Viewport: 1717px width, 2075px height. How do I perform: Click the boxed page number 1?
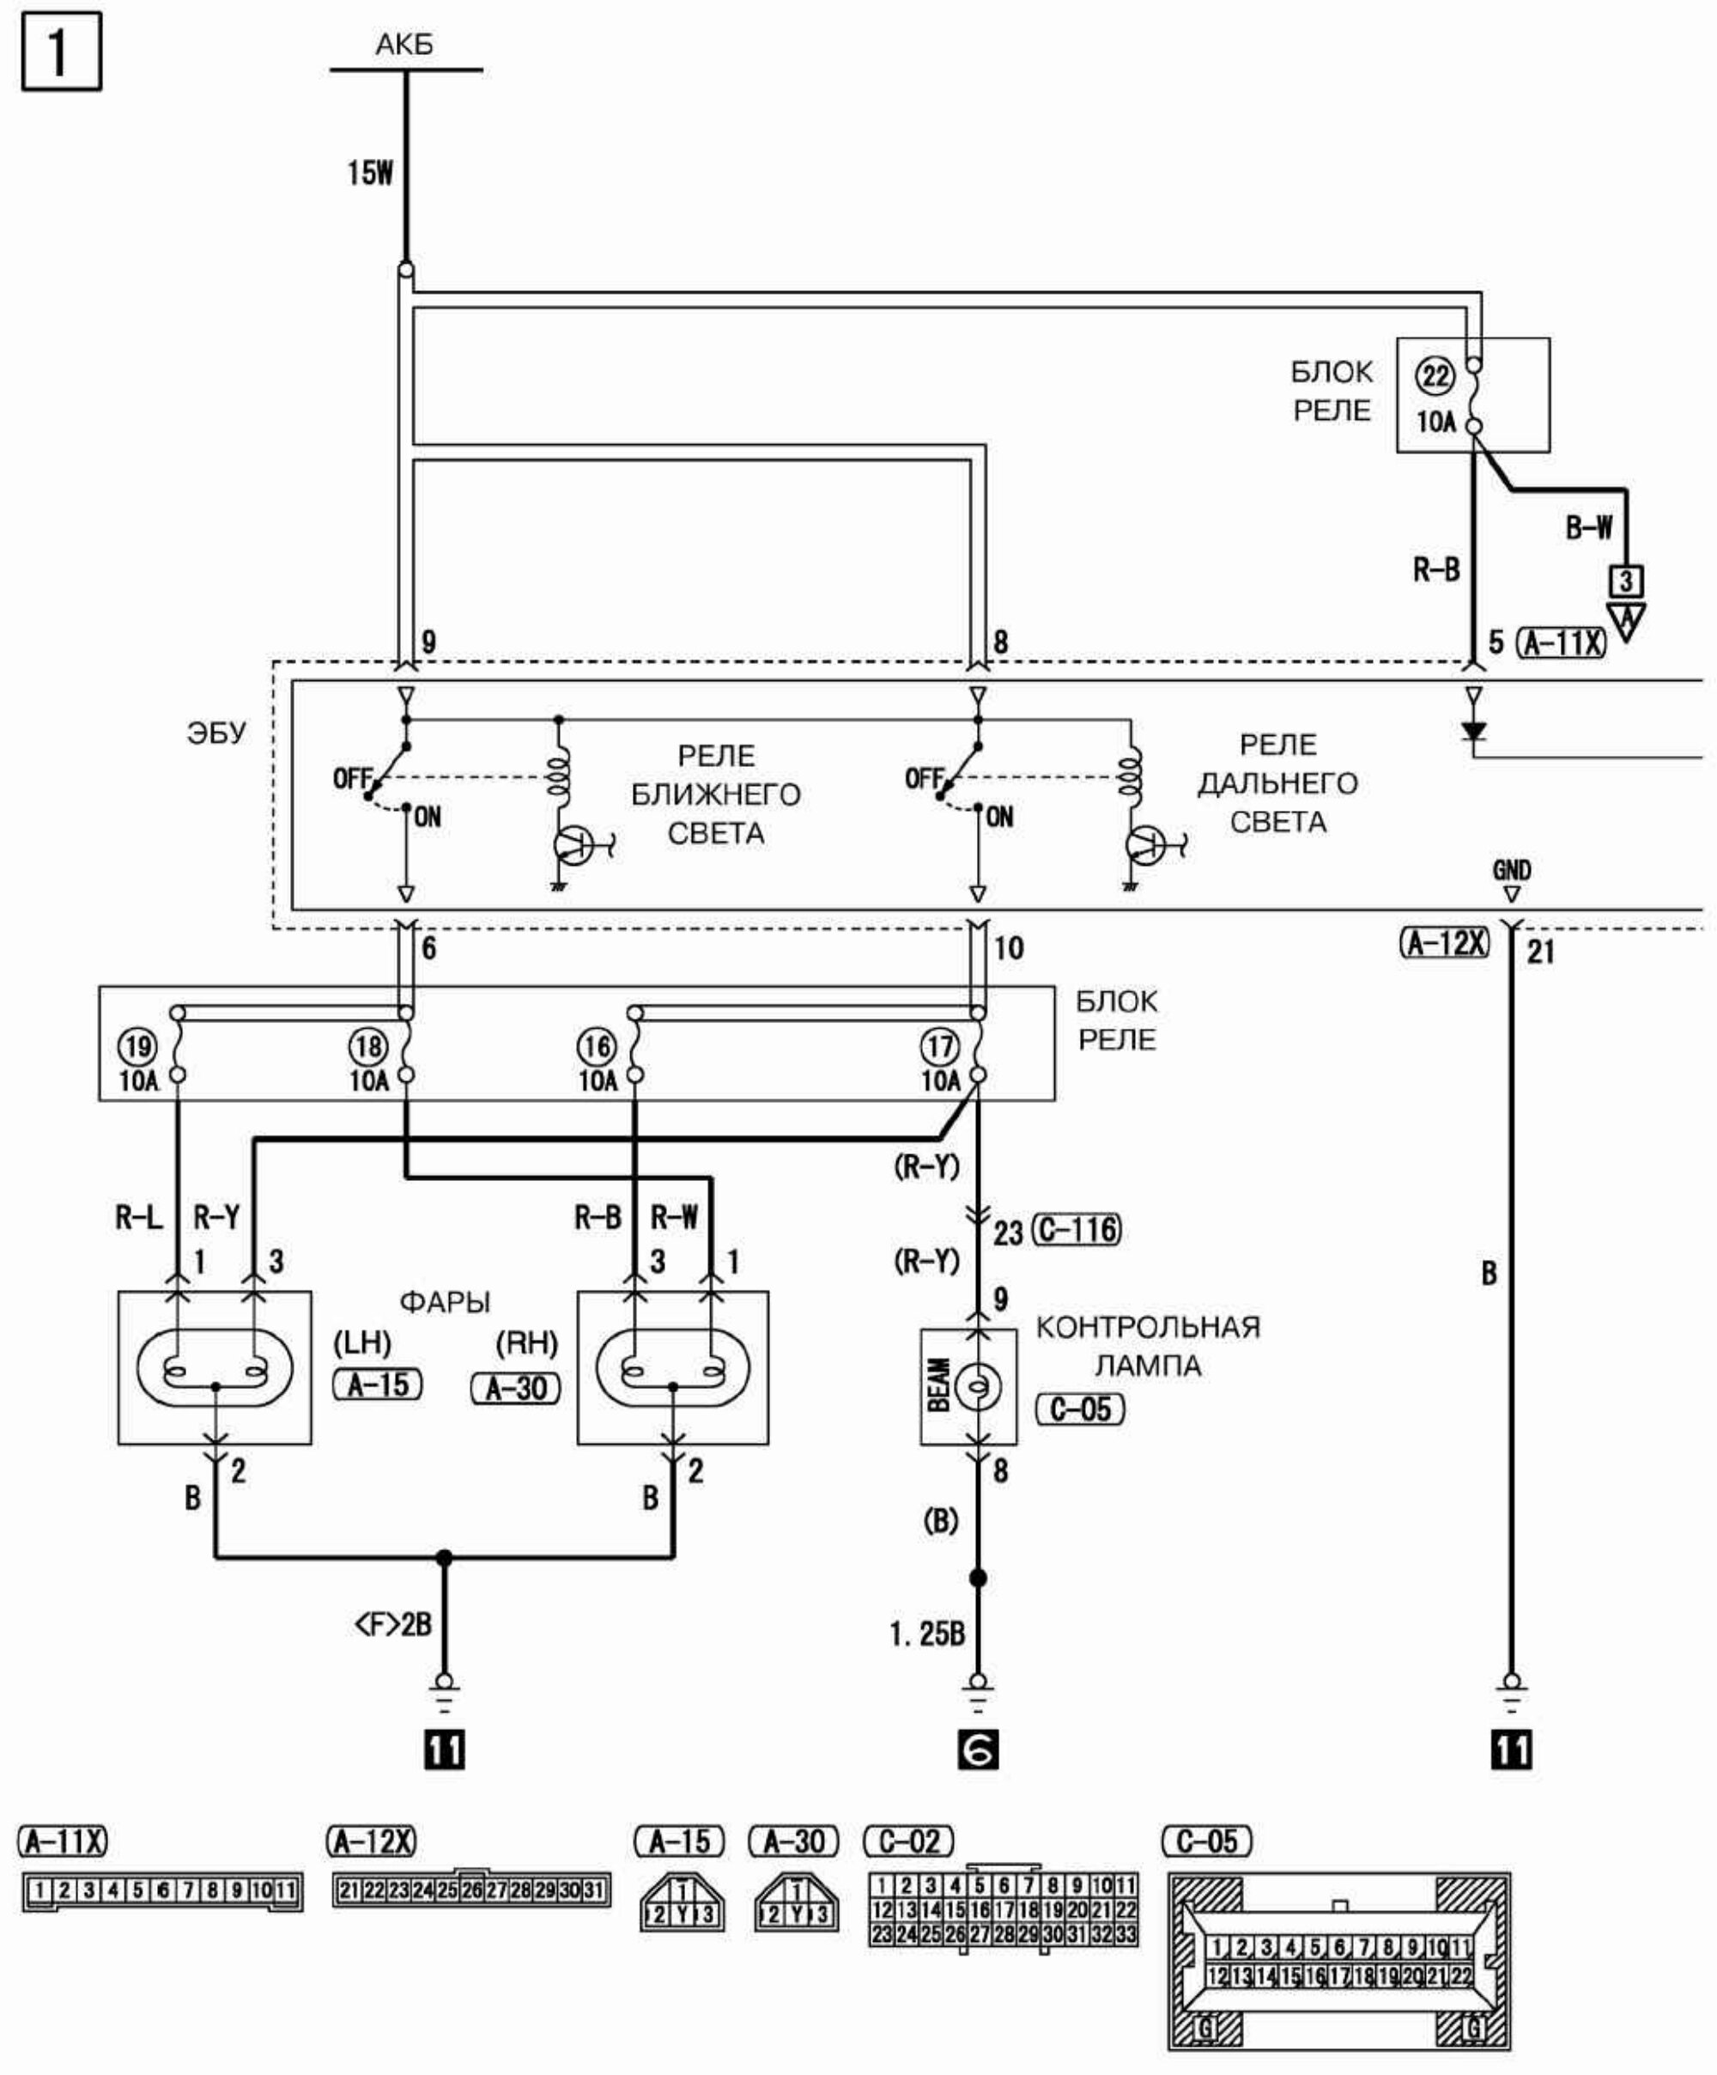coord(61,52)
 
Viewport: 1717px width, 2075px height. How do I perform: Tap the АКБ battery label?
coord(404,45)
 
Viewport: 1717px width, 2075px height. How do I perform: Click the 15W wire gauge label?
coord(369,173)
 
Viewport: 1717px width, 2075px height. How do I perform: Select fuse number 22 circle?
coord(1435,376)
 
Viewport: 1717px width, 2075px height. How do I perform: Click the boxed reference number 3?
coord(1626,580)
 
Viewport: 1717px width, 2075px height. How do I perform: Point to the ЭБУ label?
coord(216,733)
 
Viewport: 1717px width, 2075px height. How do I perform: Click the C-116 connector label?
coord(1077,1230)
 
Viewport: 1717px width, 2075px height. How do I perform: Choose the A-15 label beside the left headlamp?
coord(378,1385)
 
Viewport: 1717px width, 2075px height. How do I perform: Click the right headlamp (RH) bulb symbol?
coord(673,1370)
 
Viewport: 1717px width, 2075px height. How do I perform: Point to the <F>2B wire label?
coord(393,1623)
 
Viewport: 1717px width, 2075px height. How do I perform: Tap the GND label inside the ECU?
coord(1512,871)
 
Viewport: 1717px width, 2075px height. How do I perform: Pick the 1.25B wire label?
coord(926,1634)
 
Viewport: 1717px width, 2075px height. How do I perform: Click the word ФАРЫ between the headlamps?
coord(445,1302)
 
